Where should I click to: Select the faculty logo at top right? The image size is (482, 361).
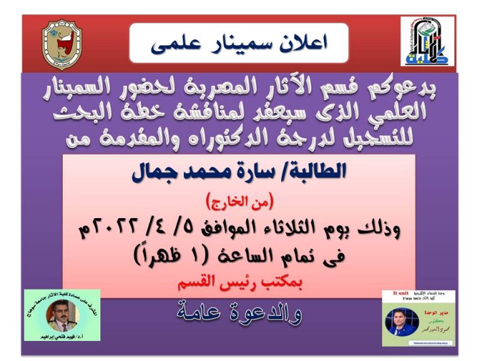422,42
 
